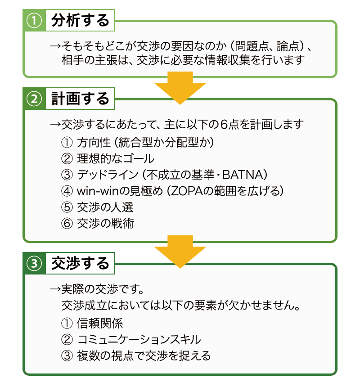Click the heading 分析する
pos(80,20)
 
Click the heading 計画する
pos(80,99)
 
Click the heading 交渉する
pos(80,263)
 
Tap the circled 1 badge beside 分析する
pos(34,21)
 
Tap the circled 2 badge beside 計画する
pos(34,99)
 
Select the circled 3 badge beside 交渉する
pos(34,263)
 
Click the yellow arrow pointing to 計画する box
pos(180,88)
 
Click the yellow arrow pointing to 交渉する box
pos(180,252)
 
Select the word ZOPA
pos(187,191)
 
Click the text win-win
pos(98,191)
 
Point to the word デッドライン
pos(108,175)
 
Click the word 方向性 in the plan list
pos(94,142)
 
